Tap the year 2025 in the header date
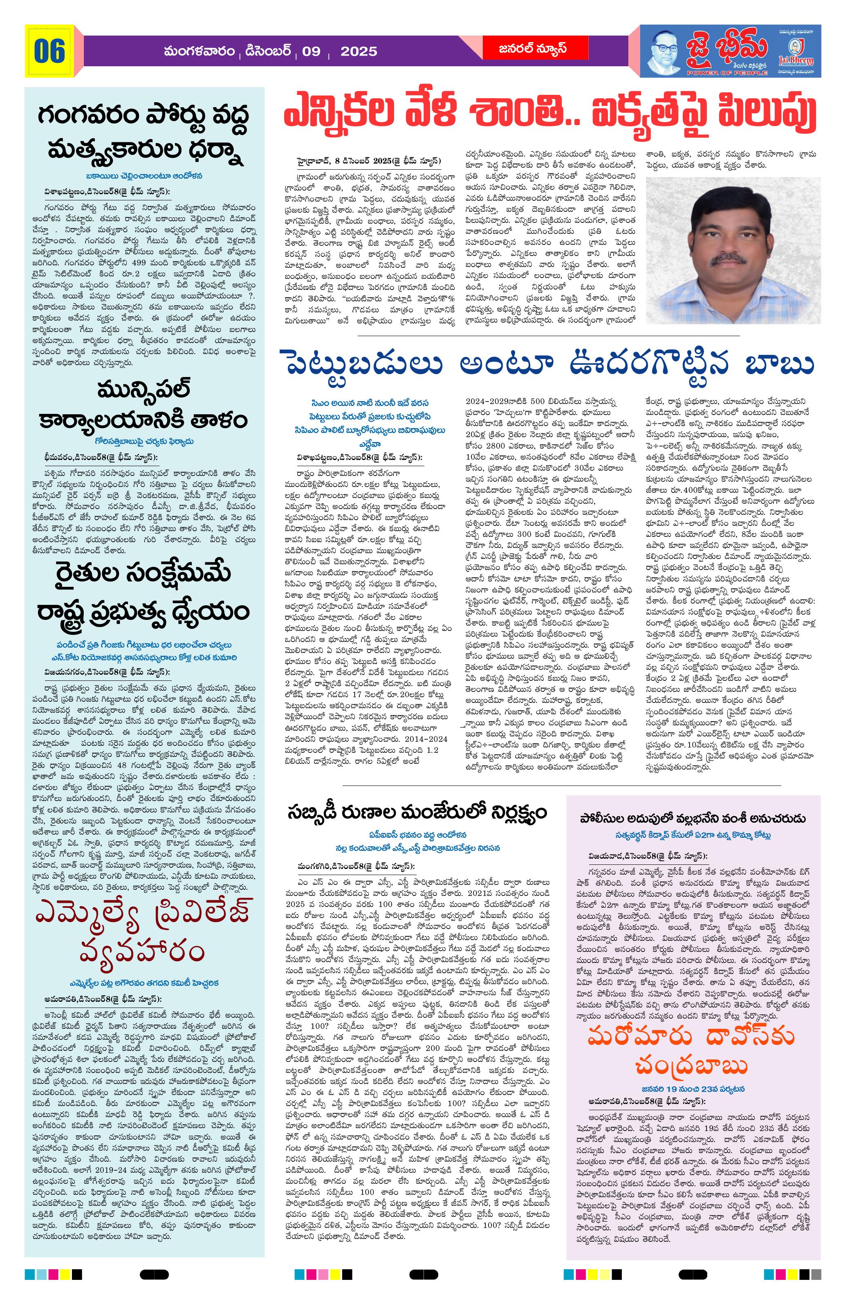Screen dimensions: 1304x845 pos(359,52)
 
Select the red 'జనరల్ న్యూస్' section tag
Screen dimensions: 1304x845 pos(524,49)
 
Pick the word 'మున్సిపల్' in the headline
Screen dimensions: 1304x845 pos(144,390)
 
